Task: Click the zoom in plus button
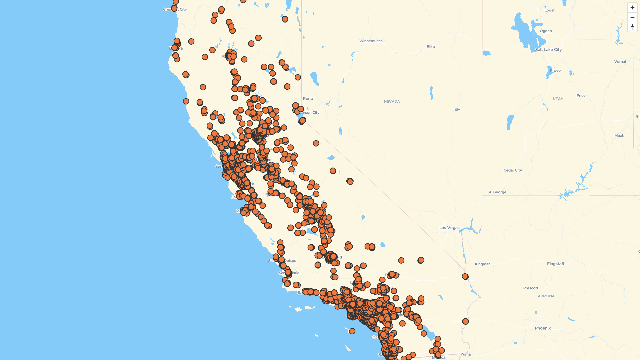point(632,8)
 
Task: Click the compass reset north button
point(632,27)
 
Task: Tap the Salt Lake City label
point(548,50)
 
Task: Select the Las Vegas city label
point(449,228)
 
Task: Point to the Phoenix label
point(543,328)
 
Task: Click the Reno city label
point(308,99)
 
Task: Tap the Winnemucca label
point(371,41)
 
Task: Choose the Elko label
point(431,47)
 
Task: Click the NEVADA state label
point(392,102)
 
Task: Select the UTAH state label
point(558,99)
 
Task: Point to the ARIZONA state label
point(546,296)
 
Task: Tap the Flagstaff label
point(555,264)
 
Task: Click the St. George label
point(497,192)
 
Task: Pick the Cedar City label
point(513,170)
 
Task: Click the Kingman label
point(482,264)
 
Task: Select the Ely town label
point(457,109)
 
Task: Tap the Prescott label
point(531,288)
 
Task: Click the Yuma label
point(465,354)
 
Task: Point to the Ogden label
point(546,31)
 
